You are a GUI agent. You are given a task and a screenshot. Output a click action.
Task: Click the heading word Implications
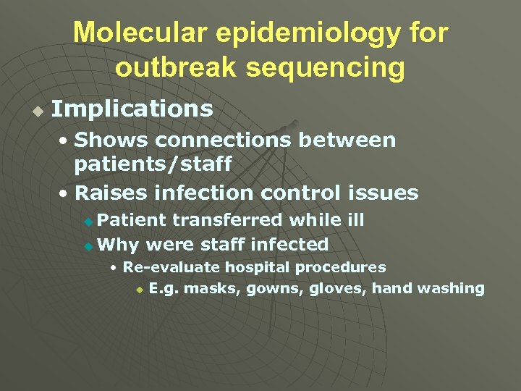click(132, 109)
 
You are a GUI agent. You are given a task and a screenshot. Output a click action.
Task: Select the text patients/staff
click(153, 164)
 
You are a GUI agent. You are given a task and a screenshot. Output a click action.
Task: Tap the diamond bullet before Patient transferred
click(88, 221)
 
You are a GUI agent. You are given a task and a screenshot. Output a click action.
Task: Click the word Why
click(114, 245)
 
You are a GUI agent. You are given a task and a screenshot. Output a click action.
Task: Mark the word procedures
click(343, 267)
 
